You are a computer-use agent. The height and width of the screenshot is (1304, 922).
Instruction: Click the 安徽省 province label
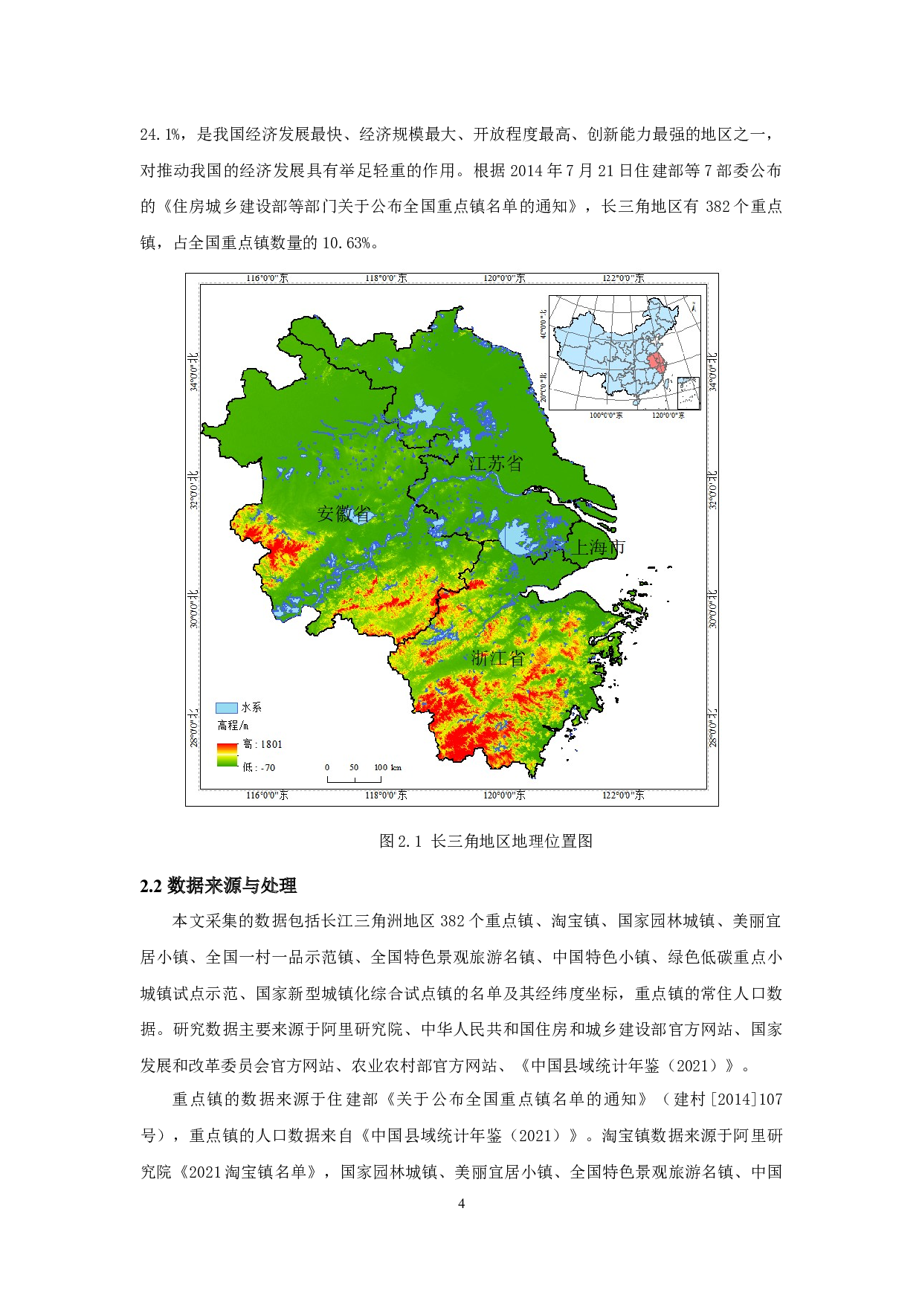[x=344, y=514]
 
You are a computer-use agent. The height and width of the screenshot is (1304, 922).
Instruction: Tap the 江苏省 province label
[x=496, y=463]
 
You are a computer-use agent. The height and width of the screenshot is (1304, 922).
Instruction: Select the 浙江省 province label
[x=498, y=658]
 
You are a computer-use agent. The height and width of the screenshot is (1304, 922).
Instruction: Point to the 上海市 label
[x=597, y=548]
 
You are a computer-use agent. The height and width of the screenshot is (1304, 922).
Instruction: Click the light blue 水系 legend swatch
[x=226, y=708]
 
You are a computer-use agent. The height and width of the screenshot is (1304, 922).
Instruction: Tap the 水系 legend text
[x=251, y=708]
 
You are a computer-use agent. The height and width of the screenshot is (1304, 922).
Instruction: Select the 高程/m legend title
[x=233, y=726]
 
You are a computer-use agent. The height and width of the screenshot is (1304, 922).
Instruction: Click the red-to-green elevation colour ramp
[x=227, y=755]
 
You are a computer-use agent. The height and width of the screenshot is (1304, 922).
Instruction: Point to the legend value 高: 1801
[x=263, y=744]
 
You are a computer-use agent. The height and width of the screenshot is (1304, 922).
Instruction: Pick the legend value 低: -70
[x=259, y=767]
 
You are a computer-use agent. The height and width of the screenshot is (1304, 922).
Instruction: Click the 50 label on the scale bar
[x=354, y=767]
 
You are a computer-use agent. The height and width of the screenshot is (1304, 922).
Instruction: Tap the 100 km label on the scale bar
[x=387, y=767]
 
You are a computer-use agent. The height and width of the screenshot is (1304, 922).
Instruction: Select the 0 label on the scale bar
[x=327, y=767]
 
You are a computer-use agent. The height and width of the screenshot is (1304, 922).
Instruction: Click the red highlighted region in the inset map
[x=657, y=364]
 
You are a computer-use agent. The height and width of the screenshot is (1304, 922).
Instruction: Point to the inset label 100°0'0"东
[x=606, y=415]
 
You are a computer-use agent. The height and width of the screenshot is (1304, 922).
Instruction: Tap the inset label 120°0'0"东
[x=668, y=415]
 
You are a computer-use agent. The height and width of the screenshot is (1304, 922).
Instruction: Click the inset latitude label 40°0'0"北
[x=544, y=324]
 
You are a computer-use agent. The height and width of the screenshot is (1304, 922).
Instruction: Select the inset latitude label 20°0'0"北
[x=544, y=387]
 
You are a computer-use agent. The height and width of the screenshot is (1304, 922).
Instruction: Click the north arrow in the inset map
[x=693, y=306]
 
